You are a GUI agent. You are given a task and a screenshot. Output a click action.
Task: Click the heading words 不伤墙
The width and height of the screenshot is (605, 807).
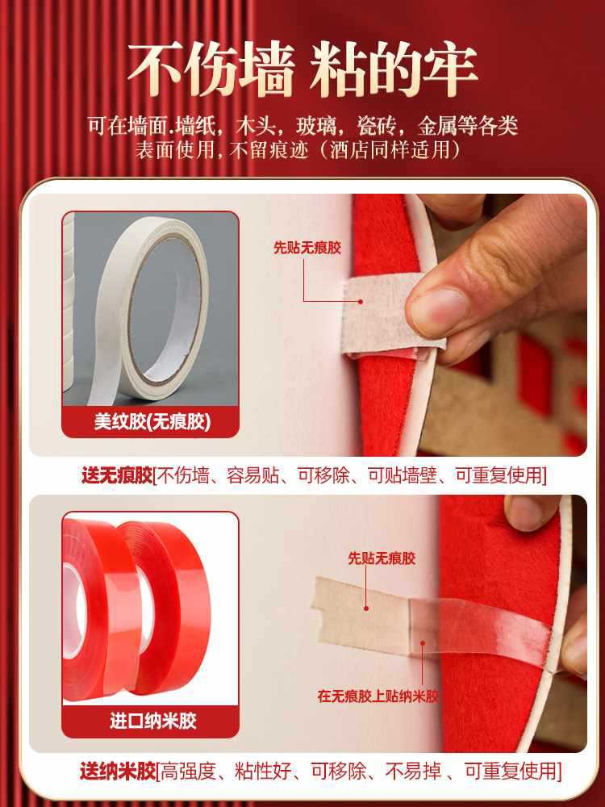(211, 71)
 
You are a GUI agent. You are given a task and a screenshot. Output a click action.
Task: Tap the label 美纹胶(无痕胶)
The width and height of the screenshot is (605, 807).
(151, 421)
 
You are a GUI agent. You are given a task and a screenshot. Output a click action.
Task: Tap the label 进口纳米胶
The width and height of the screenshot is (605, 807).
(151, 720)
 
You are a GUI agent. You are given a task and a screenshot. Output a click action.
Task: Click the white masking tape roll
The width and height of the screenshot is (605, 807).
(153, 311)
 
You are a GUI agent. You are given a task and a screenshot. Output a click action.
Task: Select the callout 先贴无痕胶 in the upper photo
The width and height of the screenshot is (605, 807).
(307, 248)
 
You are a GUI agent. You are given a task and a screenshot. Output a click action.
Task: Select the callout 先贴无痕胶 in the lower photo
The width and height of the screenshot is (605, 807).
(382, 558)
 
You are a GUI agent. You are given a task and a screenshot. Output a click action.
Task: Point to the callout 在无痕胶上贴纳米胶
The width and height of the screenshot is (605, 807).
(378, 696)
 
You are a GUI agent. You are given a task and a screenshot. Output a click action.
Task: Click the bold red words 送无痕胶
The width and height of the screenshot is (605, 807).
(116, 475)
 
